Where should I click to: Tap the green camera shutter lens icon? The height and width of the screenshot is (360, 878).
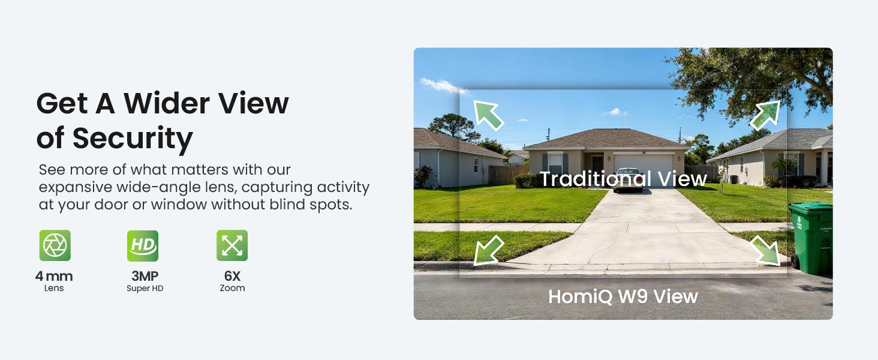click(x=55, y=245)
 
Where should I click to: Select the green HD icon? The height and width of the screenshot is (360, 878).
click(x=143, y=245)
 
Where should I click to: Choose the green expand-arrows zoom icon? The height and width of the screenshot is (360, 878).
click(x=232, y=245)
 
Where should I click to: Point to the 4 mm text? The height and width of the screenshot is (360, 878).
click(x=54, y=277)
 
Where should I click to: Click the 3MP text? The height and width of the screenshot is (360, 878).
click(x=145, y=277)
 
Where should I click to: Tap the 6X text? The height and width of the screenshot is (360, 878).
click(x=232, y=277)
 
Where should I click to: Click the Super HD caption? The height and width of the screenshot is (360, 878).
click(x=145, y=289)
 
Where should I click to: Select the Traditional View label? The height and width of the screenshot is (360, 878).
click(x=623, y=179)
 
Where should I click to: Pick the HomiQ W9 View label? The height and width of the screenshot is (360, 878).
click(x=623, y=296)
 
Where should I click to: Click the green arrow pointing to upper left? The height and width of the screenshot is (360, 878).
click(x=488, y=115)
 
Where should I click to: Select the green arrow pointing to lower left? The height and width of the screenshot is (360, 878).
click(x=488, y=250)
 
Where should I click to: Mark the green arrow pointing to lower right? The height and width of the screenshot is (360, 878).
click(x=766, y=250)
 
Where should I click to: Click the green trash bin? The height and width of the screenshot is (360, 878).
click(x=811, y=237)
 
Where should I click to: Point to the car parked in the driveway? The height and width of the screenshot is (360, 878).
click(x=628, y=180)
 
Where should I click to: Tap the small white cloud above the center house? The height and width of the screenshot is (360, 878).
click(x=615, y=112)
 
